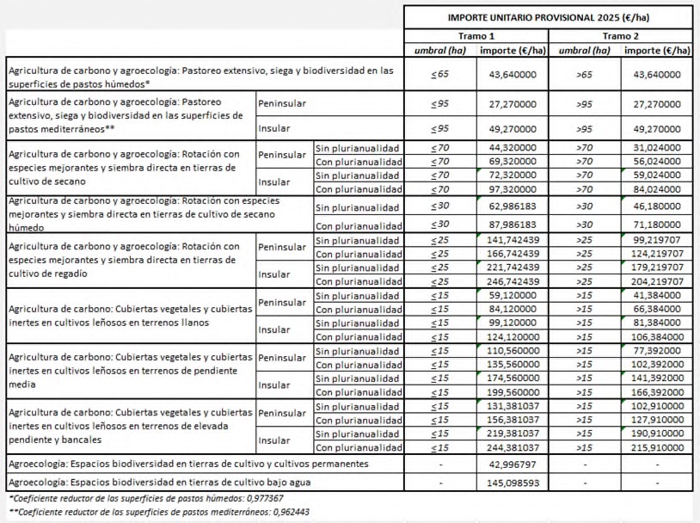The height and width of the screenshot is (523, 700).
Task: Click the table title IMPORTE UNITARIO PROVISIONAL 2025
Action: pos(549,17)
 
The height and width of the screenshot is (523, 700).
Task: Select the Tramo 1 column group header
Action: pos(476,36)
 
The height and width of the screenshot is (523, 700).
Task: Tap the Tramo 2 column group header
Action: pos(621,36)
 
